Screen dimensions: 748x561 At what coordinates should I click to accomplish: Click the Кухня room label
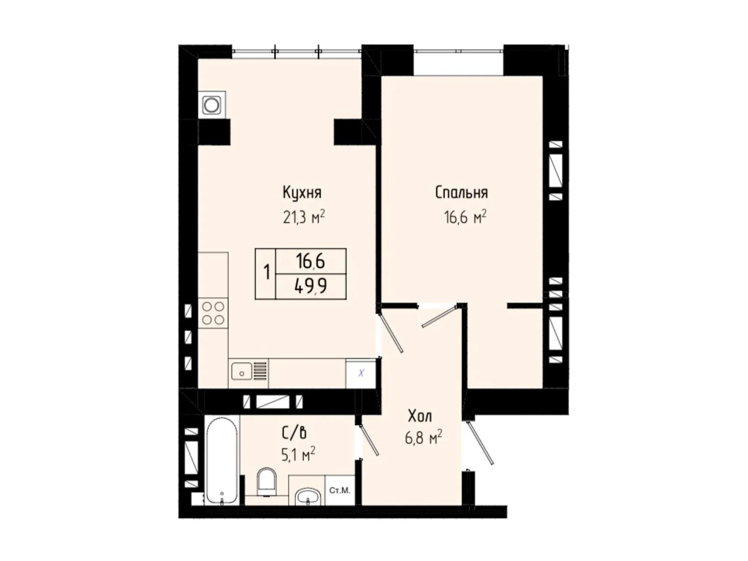tap(302, 193)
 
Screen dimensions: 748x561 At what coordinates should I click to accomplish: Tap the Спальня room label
tap(461, 193)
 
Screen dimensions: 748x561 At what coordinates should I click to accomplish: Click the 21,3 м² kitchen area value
tap(303, 217)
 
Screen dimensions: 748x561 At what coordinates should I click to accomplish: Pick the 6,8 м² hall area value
tap(423, 438)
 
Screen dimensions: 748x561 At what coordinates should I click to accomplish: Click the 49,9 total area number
tap(310, 287)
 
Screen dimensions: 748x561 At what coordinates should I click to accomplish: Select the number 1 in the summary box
tap(267, 273)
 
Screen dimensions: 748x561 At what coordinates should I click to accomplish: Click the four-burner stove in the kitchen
tap(213, 313)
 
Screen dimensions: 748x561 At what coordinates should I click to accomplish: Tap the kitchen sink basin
tap(242, 371)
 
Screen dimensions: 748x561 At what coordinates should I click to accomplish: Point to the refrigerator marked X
tap(361, 373)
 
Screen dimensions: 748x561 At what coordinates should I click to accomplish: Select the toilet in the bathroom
tap(266, 482)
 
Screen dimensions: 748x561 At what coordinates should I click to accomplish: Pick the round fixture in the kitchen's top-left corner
tap(212, 105)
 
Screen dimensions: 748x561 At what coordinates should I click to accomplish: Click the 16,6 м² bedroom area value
tap(465, 217)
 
